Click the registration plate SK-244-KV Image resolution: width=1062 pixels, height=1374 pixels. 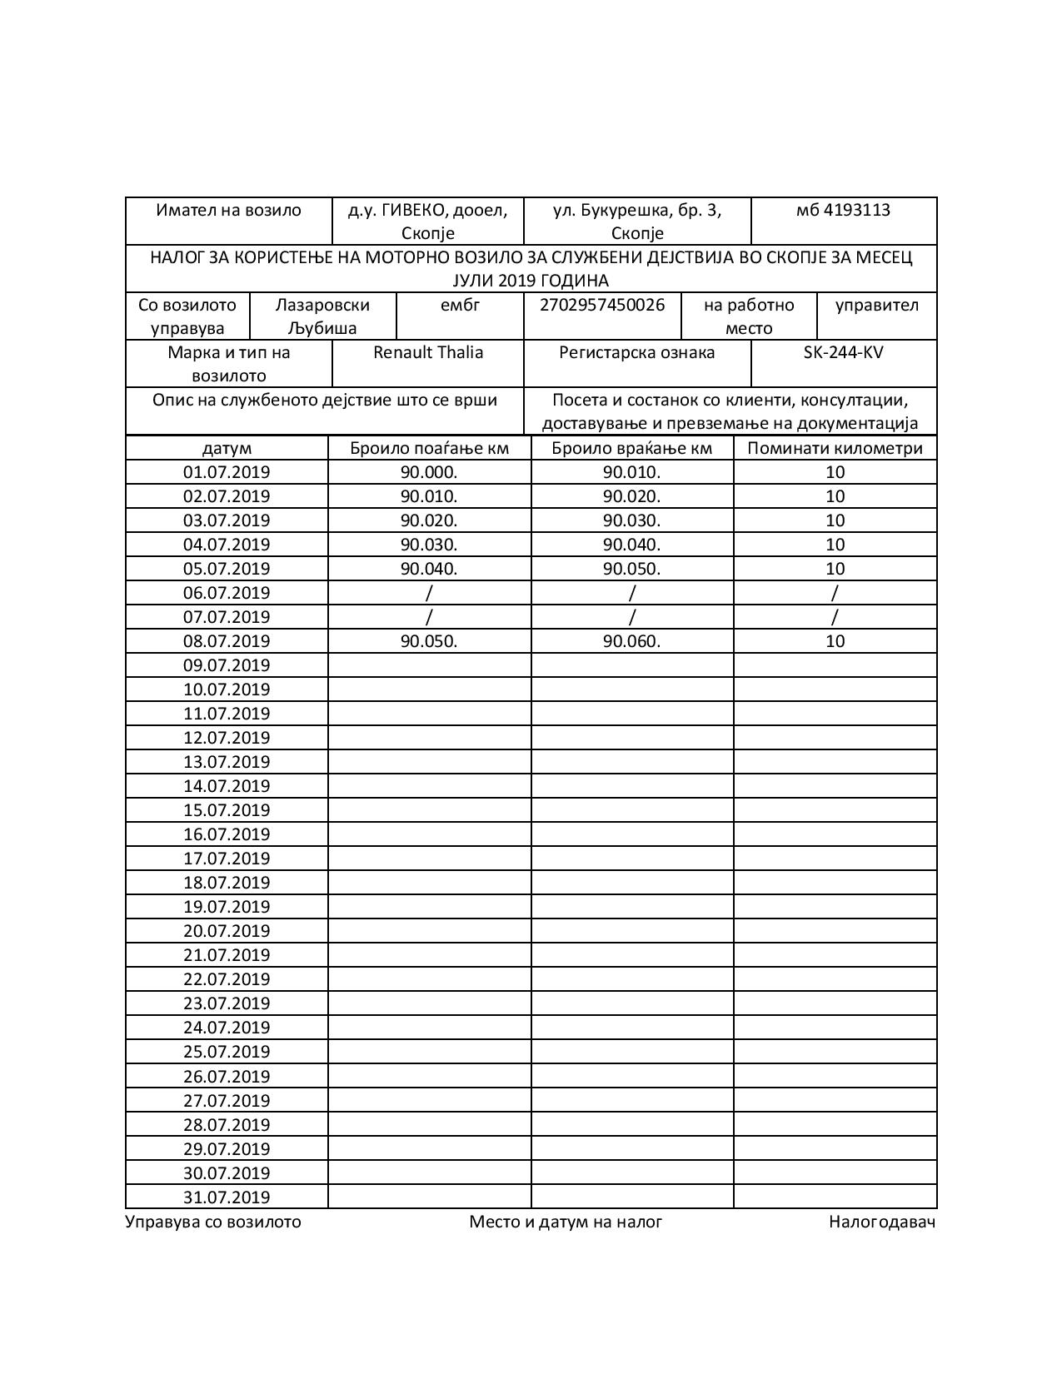(x=843, y=352)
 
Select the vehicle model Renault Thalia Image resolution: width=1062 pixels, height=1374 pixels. (x=428, y=352)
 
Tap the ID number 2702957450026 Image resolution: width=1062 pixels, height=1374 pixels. (x=602, y=305)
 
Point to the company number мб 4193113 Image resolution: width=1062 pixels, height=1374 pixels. (x=843, y=210)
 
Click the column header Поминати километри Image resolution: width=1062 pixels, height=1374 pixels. (x=835, y=448)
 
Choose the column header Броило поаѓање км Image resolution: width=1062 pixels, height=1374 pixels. (x=429, y=448)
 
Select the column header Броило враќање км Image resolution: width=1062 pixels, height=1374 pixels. (x=632, y=448)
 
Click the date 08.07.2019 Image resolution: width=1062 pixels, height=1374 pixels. (x=227, y=641)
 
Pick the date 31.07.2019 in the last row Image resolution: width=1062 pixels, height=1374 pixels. (x=227, y=1197)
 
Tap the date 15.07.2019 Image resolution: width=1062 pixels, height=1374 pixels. (x=227, y=810)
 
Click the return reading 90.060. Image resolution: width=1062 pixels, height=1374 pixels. (x=632, y=641)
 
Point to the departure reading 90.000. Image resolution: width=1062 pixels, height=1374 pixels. (x=429, y=472)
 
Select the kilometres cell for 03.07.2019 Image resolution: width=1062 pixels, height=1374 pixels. (x=835, y=520)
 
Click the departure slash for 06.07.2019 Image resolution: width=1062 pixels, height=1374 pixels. (x=429, y=593)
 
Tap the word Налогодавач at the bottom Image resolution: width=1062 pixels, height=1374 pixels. (x=882, y=1222)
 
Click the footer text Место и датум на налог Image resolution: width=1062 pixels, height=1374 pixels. (x=566, y=1222)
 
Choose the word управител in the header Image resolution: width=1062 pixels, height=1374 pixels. (x=876, y=305)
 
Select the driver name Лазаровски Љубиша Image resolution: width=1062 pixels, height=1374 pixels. (x=322, y=316)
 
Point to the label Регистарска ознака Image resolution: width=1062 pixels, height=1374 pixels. (x=637, y=352)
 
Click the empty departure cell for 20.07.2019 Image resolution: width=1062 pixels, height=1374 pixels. (x=429, y=931)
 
